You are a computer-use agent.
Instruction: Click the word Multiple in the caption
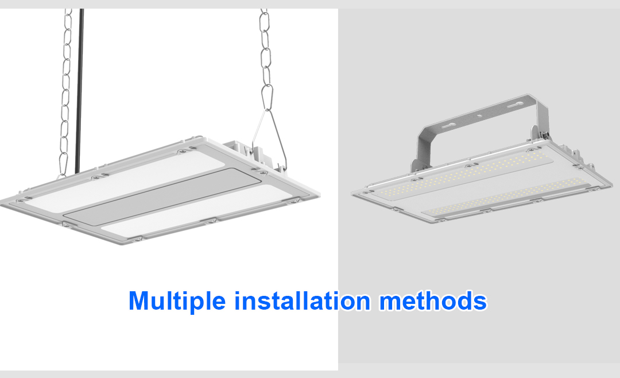point(177,301)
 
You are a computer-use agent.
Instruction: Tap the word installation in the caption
point(302,300)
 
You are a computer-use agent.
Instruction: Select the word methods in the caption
point(433,300)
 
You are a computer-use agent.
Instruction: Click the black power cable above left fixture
point(79,91)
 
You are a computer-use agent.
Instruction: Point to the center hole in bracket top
point(480,116)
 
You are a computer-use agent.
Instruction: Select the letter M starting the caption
point(138,301)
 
